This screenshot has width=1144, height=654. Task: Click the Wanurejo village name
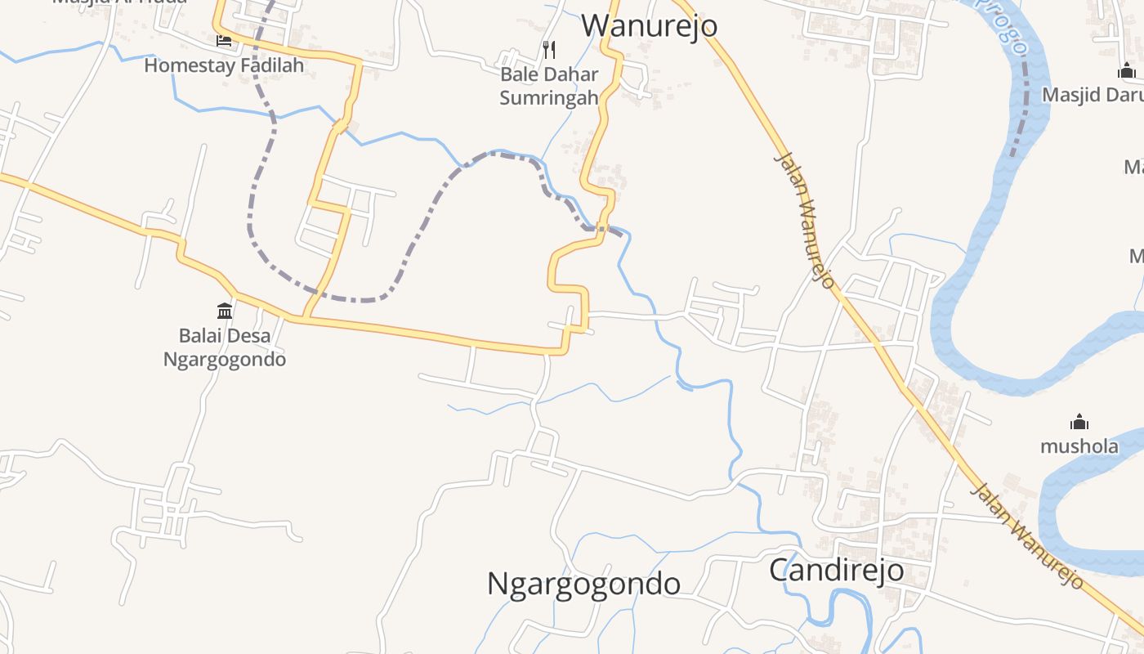tap(649, 25)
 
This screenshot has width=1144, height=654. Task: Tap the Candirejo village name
tap(836, 570)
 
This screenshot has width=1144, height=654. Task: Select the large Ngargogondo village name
tap(583, 584)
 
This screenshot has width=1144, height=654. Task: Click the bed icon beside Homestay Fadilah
tap(223, 41)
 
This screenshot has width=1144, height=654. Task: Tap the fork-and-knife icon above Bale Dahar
tap(549, 50)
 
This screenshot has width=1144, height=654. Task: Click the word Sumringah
tap(549, 98)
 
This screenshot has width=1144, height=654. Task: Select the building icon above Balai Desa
tap(225, 311)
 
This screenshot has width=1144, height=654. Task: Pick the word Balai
tap(201, 335)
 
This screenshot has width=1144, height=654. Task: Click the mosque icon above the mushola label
tap(1079, 422)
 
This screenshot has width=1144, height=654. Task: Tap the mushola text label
tap(1079, 446)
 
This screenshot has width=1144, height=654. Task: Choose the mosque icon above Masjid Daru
tap(1127, 71)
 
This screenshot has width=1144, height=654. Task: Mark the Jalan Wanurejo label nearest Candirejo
tap(1027, 536)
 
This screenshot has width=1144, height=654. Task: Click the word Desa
tap(250, 335)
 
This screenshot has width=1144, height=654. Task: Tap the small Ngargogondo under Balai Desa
tap(225, 360)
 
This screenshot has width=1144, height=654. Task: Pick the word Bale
tap(520, 74)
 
